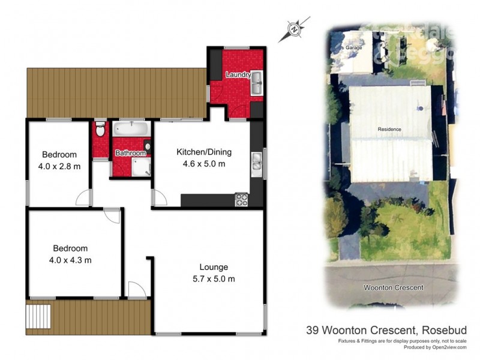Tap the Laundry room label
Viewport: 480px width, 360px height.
238,74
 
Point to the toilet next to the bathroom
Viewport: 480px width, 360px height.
100,130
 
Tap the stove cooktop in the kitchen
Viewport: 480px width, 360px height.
242,200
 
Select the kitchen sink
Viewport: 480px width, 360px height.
256,163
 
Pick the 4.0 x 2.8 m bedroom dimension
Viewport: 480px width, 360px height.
59,166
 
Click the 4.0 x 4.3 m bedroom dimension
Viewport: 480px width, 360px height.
70,260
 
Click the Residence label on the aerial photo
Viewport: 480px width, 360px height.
389,129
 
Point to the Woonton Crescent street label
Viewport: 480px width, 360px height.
393,287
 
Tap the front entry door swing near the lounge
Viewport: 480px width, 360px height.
137,290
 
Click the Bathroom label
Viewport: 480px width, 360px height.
131,153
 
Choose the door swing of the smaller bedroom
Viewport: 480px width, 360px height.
85,197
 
